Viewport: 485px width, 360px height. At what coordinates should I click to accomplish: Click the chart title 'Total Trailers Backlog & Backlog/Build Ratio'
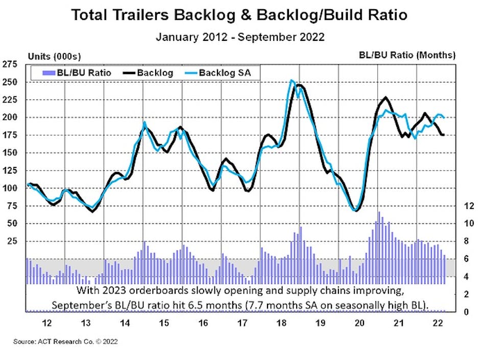(x=239, y=15)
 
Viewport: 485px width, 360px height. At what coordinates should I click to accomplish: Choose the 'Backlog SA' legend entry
(x=228, y=73)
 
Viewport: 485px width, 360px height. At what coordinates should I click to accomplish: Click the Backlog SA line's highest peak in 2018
(x=291, y=80)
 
